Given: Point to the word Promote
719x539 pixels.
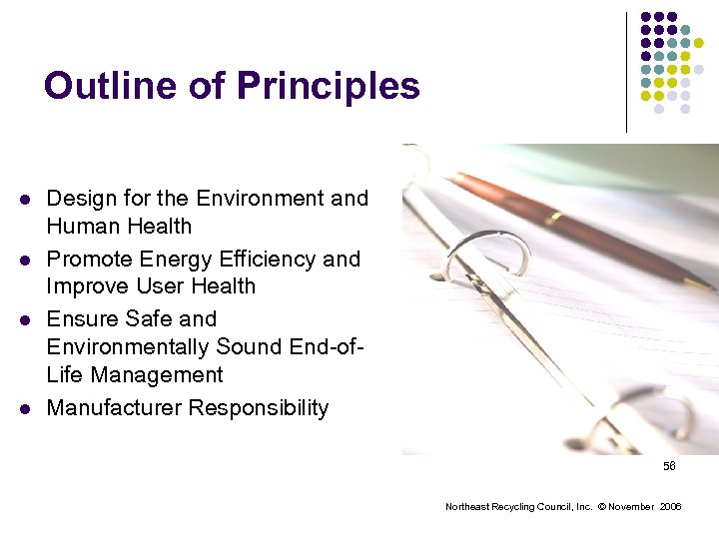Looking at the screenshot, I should coord(89,260).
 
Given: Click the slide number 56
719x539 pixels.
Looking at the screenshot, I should coord(669,467).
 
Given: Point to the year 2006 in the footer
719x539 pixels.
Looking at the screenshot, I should coord(670,507).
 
